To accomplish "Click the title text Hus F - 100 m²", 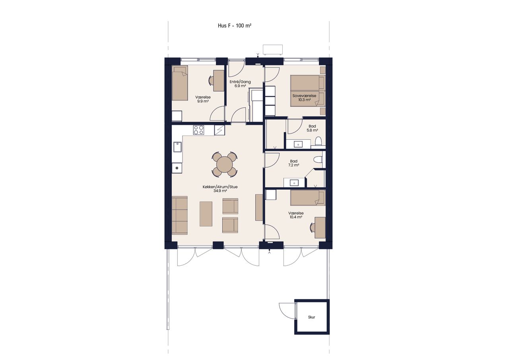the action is coord(234,26).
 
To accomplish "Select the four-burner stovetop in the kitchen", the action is coord(198,130).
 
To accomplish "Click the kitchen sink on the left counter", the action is coord(177,147).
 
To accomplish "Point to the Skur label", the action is coord(311,317).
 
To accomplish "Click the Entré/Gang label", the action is coord(240,82).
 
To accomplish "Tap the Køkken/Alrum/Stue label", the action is coord(220,187).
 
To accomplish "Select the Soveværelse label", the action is coord(304,96).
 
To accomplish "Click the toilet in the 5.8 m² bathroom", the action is coord(319,141).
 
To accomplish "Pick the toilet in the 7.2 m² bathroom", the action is coord(318,160).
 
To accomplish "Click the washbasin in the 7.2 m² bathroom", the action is coord(295,183).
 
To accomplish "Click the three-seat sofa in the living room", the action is coord(180,216).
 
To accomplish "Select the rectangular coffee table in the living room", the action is coord(206,214).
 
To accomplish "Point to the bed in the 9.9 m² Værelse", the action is coord(179,83).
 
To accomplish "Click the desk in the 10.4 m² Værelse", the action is coord(320,228).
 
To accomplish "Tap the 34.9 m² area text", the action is coord(220,191).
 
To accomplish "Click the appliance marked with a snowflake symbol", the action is coord(177,168).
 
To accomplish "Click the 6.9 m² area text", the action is coord(240,86).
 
